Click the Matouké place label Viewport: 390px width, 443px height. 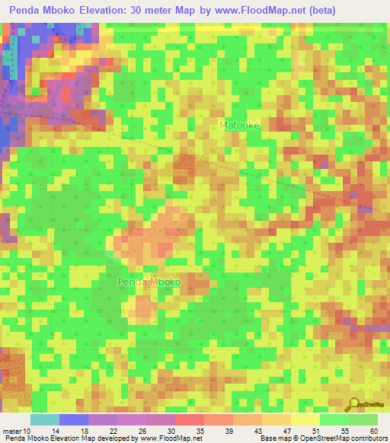point(240,125)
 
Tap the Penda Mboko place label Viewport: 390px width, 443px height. point(149,282)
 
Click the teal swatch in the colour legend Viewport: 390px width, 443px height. point(45,419)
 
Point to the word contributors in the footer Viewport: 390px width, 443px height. point(368,438)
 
